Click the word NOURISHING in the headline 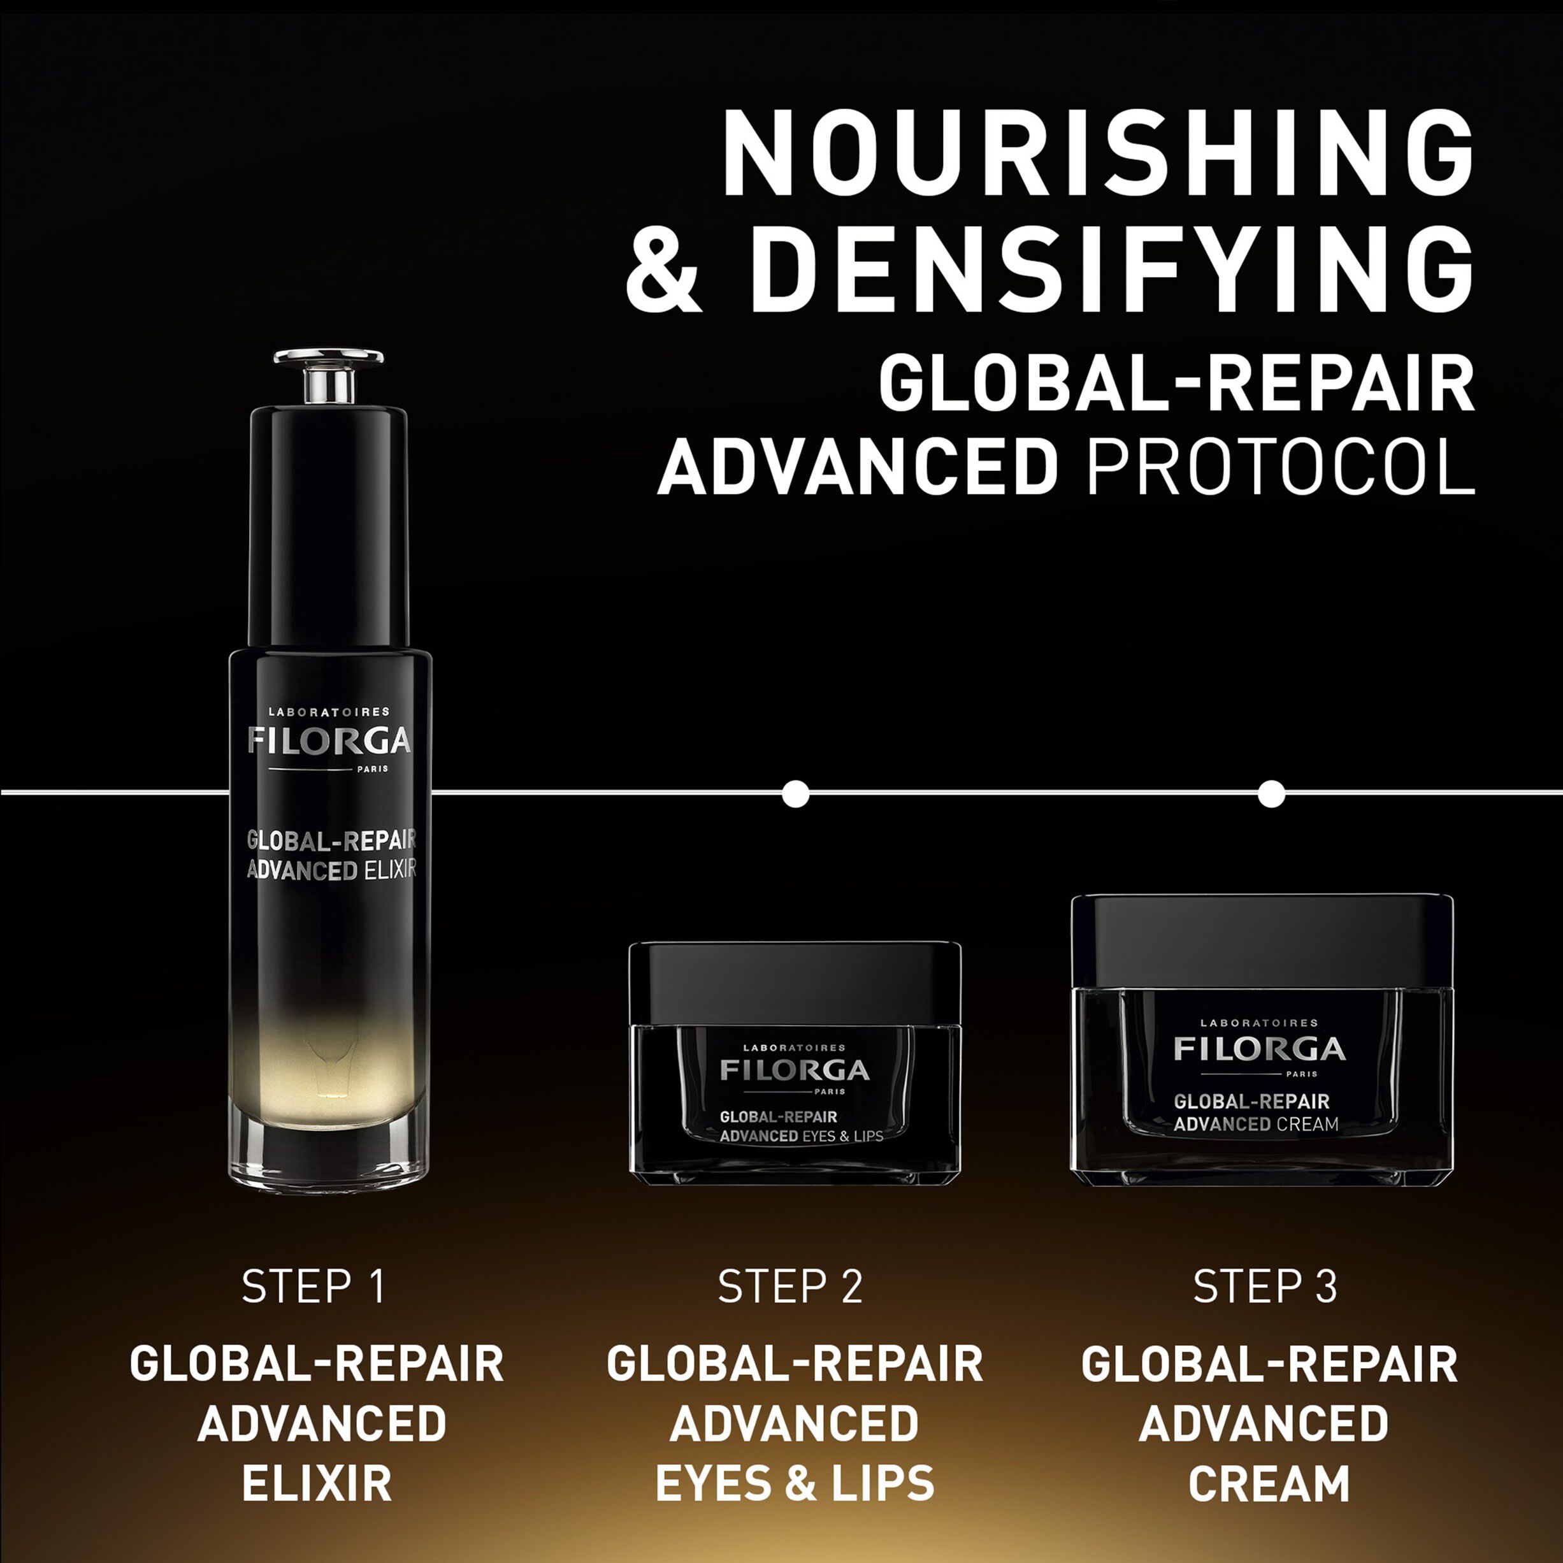tap(1097, 153)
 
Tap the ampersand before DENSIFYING tap(663, 270)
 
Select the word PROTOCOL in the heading tap(1281, 468)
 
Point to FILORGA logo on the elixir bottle tap(329, 741)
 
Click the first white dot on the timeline tap(796, 794)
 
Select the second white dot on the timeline tap(1272, 794)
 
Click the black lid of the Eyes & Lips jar tap(795, 982)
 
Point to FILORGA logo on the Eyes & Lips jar tap(795, 1070)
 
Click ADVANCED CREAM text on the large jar tap(1256, 1125)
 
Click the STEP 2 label tap(789, 1286)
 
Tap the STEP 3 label tap(1264, 1286)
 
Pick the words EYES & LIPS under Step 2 tap(795, 1484)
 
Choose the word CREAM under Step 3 tap(1269, 1484)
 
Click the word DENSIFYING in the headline tap(1112, 270)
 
